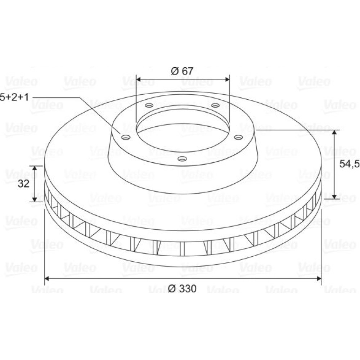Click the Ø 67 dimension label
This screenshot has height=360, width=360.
[182, 71]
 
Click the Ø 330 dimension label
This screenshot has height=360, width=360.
[182, 288]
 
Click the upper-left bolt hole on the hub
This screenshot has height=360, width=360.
[150, 105]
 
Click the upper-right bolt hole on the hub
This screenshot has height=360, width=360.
[215, 105]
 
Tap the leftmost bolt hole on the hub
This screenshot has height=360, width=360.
[126, 138]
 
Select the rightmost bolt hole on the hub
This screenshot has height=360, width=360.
[238, 137]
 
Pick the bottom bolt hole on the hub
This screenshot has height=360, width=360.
[183, 158]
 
